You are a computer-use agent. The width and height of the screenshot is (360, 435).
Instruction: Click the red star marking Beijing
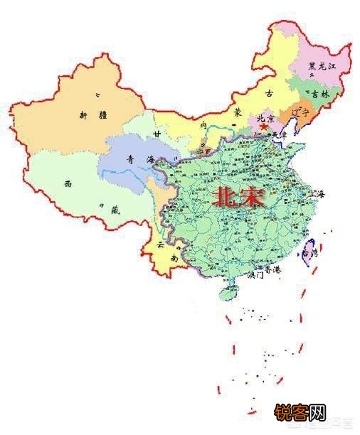[x=264, y=126]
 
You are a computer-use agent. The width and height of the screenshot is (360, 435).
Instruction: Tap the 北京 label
[x=265, y=118]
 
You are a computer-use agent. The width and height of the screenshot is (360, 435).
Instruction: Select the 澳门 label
[x=254, y=276]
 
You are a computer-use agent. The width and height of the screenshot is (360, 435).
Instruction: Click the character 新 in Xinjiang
[x=83, y=114]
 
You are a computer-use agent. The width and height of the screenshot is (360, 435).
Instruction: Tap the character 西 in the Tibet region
[x=68, y=183]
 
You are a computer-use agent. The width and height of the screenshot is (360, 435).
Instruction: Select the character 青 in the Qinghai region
[x=129, y=159]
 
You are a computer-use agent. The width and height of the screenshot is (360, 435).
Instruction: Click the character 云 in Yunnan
[x=161, y=245]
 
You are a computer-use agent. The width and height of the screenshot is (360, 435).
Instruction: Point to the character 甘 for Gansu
[x=157, y=134]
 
